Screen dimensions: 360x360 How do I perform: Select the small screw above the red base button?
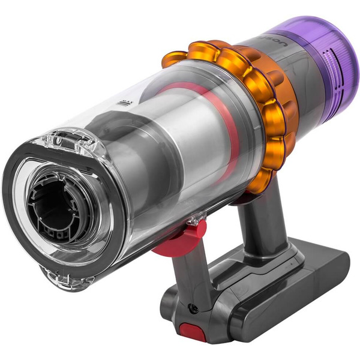point(193,308)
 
